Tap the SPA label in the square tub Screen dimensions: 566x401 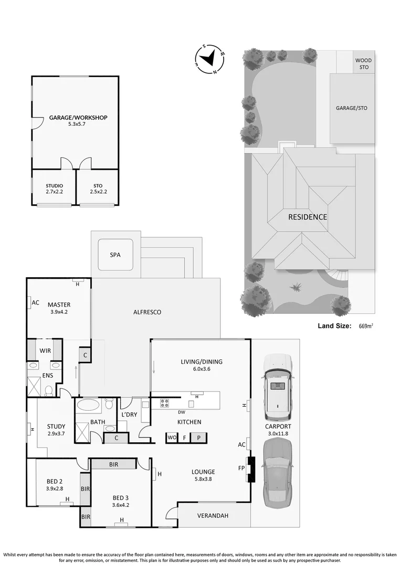point(115,255)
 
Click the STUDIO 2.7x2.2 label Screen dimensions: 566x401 point(54,189)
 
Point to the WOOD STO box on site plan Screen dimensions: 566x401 point(363,64)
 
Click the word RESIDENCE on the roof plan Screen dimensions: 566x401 point(307,217)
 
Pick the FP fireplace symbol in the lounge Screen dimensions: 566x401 point(251,470)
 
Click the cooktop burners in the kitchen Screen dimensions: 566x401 point(164,403)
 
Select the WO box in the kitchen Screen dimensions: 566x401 point(172,437)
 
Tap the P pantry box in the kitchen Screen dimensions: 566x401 point(199,437)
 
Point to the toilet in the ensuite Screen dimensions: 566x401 point(49,390)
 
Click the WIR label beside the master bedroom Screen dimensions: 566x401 point(45,351)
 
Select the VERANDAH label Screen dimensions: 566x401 point(213,516)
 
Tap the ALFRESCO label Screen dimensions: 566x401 point(147,312)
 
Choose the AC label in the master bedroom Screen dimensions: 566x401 point(36,302)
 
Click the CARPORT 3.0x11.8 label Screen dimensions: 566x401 point(278,430)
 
